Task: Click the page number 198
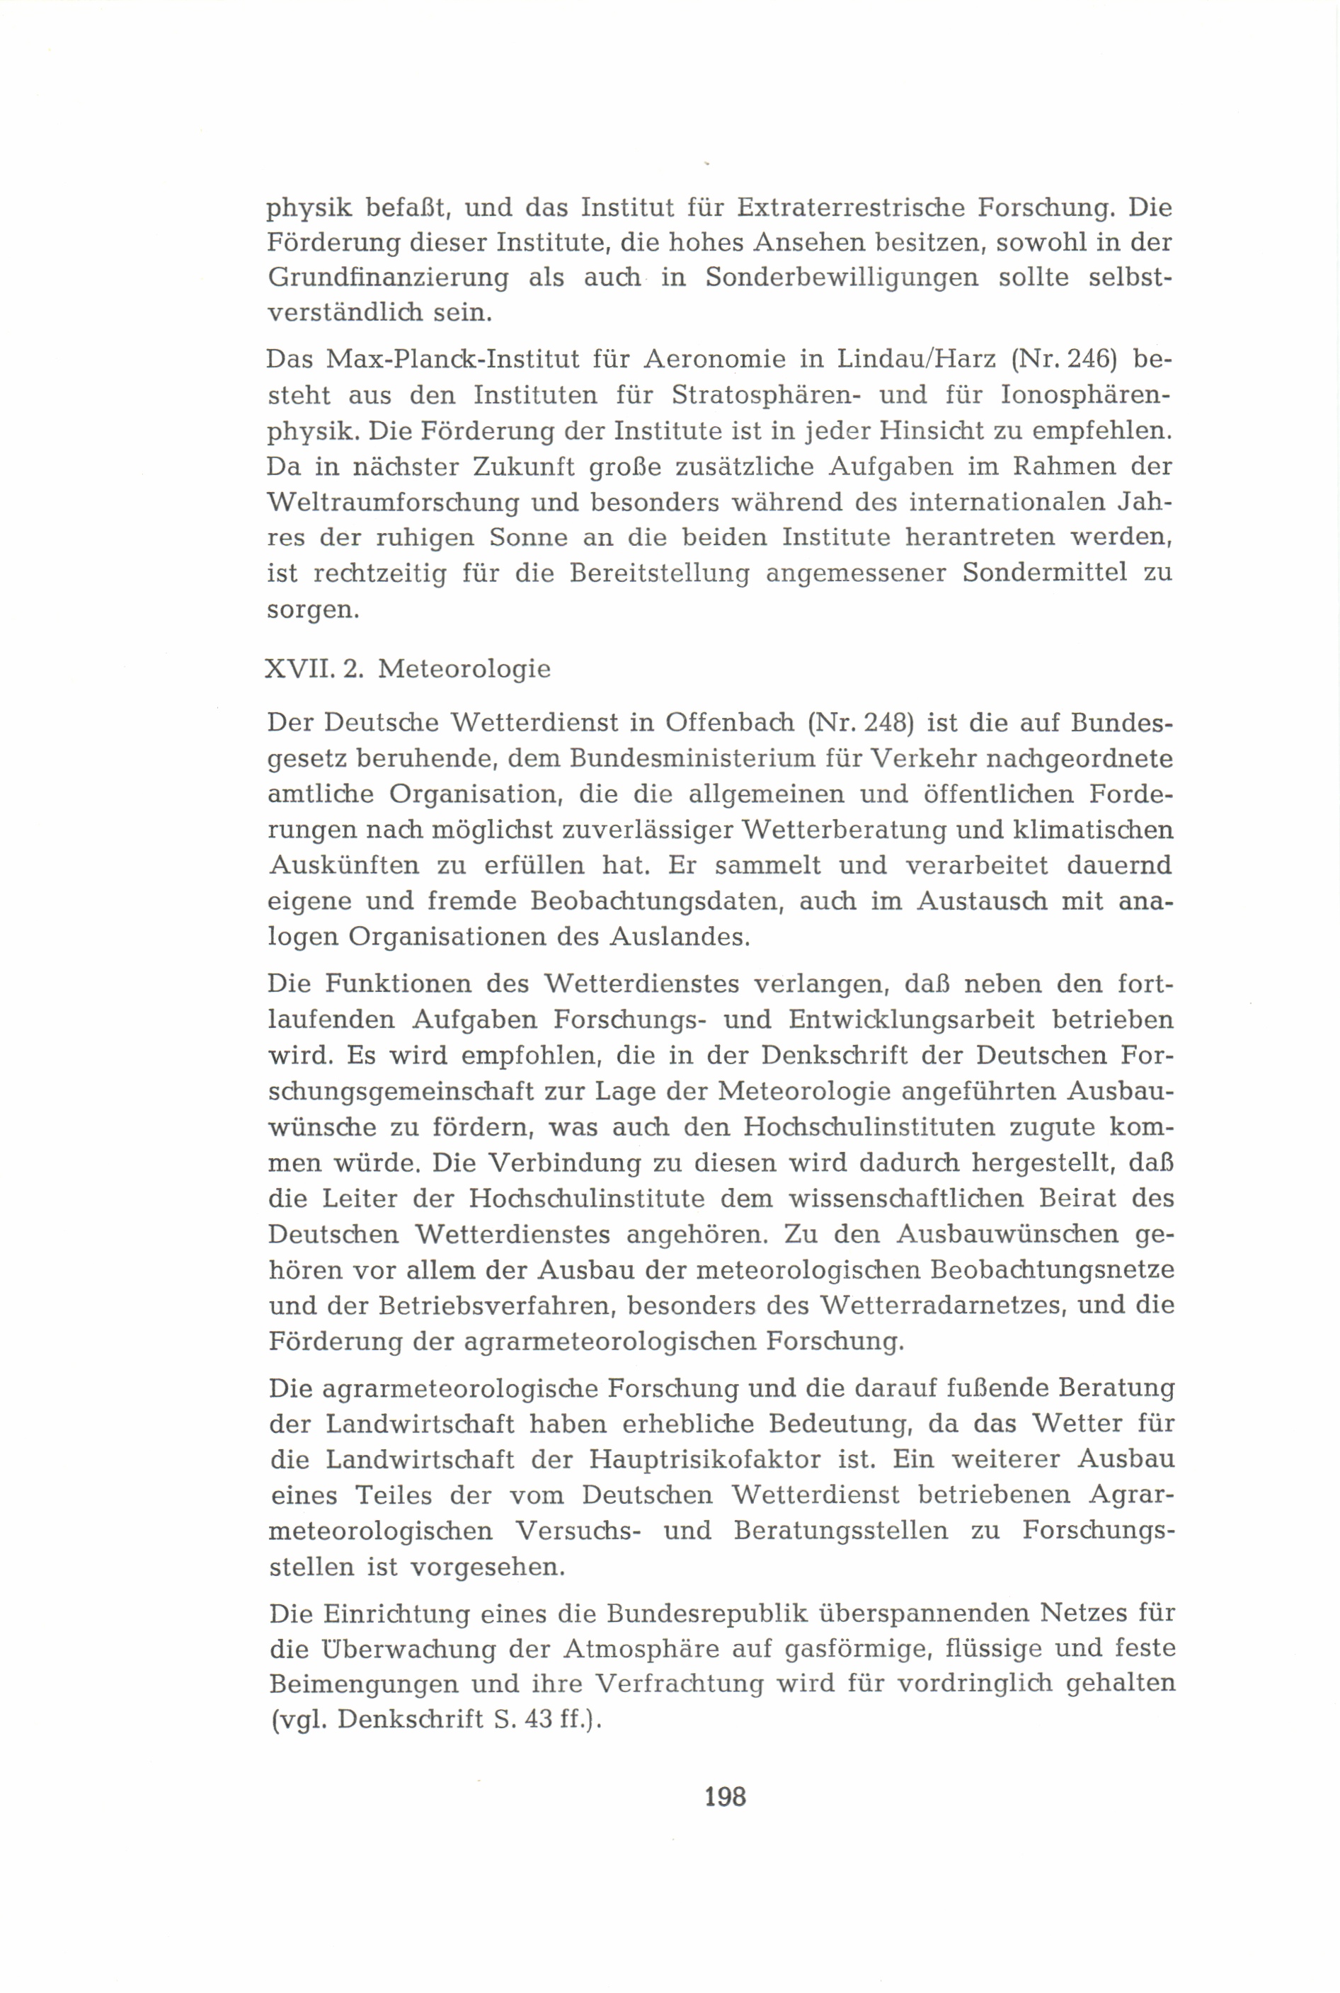point(726,1798)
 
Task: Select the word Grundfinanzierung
point(389,280)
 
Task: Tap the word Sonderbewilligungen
point(842,280)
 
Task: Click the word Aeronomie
point(721,360)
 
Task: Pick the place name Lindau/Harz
point(916,360)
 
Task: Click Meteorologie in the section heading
point(464,669)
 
